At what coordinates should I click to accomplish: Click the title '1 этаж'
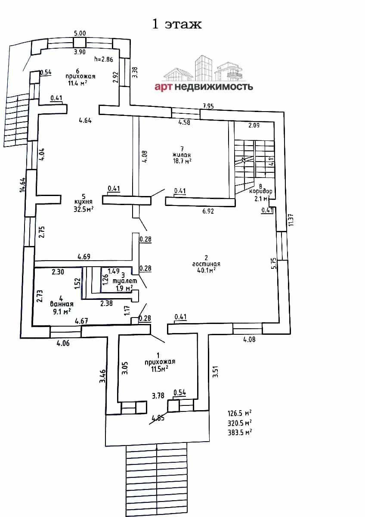[x=177, y=24]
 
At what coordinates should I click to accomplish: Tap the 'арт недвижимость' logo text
[x=204, y=87]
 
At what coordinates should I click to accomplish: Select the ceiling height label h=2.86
[x=104, y=59]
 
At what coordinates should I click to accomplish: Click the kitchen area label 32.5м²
[x=84, y=209]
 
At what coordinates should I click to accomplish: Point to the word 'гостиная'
[x=206, y=264]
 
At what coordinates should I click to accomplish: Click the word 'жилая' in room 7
[x=182, y=155]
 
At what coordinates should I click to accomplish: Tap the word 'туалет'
[x=125, y=281]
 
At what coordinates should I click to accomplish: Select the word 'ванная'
[x=62, y=304]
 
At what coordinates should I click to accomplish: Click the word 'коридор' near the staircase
[x=261, y=191]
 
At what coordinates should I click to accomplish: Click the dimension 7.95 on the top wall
[x=208, y=106]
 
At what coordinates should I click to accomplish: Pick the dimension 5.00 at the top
[x=80, y=33]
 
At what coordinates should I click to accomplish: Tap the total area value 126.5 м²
[x=240, y=413]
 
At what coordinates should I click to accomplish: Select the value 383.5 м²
[x=240, y=432]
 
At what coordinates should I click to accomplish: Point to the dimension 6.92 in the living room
[x=208, y=211]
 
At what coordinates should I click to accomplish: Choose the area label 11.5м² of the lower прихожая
[x=160, y=369]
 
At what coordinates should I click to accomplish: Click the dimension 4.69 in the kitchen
[x=84, y=256]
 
